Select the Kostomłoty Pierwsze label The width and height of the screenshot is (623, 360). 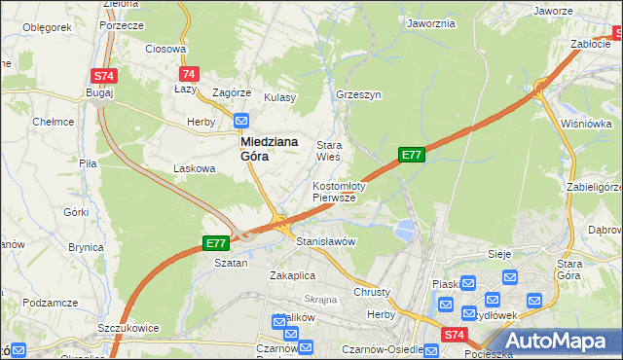pos(339,191)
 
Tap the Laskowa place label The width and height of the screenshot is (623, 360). pos(194,168)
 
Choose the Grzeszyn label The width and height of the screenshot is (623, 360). pos(357,95)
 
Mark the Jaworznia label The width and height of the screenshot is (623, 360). pos(431,23)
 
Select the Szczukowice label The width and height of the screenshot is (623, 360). pos(128,329)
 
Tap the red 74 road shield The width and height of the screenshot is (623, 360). pos(189,74)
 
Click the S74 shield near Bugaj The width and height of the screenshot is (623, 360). pos(104,75)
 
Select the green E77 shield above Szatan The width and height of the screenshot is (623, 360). pos(216,243)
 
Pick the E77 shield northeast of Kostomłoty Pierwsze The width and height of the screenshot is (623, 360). pos(411,155)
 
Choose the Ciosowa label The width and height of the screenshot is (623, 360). pos(165,48)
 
